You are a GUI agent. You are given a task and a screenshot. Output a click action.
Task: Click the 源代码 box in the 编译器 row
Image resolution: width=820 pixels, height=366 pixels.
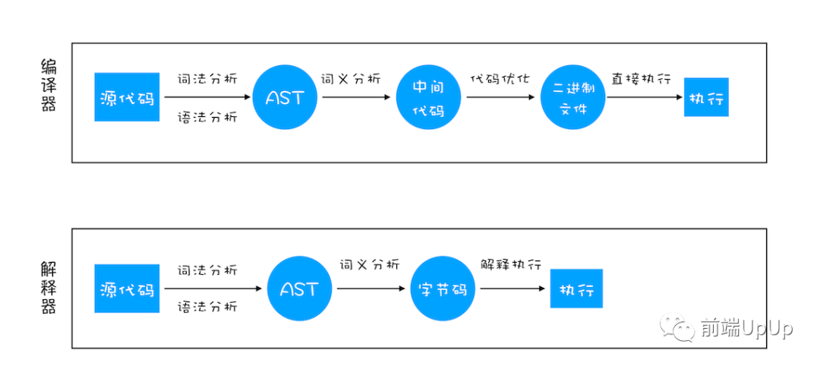pos(127,96)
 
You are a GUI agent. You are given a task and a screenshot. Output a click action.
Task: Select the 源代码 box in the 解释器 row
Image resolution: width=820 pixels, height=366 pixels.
pos(127,289)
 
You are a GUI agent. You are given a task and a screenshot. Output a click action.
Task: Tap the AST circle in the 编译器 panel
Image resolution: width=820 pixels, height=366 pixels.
pos(285,97)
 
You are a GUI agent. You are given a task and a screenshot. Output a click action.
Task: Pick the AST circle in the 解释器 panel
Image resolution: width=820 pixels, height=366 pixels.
pos(300,289)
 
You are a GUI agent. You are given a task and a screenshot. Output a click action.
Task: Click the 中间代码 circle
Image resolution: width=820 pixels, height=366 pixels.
pos(428,98)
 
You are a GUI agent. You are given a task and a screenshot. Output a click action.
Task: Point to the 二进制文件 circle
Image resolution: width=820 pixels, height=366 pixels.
pos(572,97)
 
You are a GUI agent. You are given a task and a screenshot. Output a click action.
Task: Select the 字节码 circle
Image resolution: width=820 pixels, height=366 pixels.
pos(443,289)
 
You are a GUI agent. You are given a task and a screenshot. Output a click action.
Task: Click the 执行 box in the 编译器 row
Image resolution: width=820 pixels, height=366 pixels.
pos(706,97)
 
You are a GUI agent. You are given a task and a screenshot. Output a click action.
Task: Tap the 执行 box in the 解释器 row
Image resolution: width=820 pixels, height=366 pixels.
pos(576,289)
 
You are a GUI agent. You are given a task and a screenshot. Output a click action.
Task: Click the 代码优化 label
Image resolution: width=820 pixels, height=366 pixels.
pos(500,79)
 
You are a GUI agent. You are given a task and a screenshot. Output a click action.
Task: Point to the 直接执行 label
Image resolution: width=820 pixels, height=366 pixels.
pos(641,79)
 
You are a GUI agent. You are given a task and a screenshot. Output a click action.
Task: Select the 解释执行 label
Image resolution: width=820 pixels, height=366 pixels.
pos(510,264)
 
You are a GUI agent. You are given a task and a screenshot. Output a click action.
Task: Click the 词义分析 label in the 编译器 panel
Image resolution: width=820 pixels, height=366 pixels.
pos(351,79)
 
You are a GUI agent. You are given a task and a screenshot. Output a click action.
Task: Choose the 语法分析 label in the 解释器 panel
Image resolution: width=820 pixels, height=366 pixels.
pos(207,307)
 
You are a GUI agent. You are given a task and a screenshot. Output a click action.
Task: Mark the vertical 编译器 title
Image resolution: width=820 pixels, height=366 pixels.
pos(49,85)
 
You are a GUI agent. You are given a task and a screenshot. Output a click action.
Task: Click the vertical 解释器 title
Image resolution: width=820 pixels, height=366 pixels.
pos(49,288)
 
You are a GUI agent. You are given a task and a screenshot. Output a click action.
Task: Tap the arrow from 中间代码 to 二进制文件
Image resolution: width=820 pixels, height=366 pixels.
pos(500,97)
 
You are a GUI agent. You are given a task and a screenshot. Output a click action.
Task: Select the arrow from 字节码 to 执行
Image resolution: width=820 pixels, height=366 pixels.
pos(513,289)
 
